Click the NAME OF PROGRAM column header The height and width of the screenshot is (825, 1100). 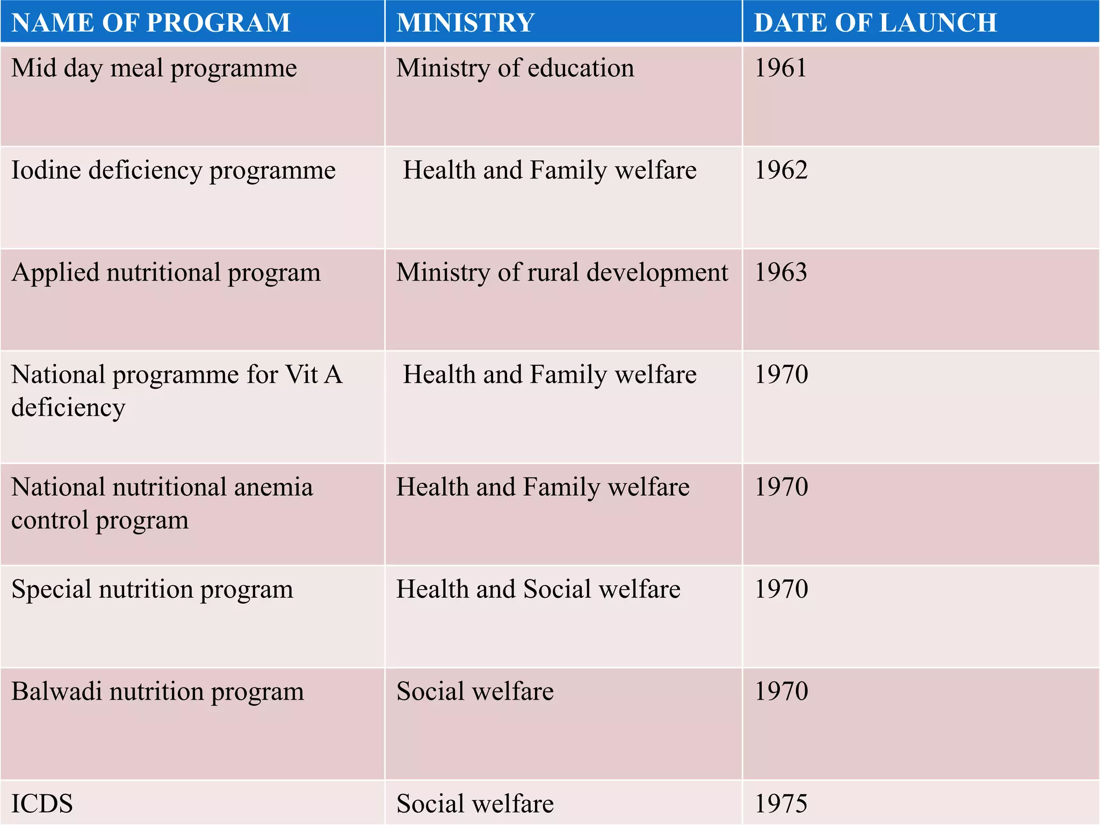[x=151, y=23]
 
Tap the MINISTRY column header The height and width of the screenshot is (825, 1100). [x=465, y=23]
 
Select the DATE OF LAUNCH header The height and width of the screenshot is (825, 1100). [x=875, y=23]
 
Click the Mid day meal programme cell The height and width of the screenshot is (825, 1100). [x=154, y=69]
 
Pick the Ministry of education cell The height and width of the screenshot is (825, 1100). [x=515, y=68]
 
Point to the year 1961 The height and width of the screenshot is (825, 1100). [x=780, y=68]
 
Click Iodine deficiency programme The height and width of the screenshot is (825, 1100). [x=173, y=171]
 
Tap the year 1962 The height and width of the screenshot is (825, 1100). [x=781, y=170]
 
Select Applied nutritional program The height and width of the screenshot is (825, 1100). [x=166, y=273]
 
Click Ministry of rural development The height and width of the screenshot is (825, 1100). [x=562, y=272]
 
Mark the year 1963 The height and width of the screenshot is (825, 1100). [x=781, y=272]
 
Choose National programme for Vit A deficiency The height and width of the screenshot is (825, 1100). [x=177, y=390]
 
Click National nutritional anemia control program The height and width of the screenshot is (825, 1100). [x=162, y=503]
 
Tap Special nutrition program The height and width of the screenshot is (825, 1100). [x=153, y=590]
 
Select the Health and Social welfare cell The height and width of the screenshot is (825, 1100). [x=538, y=589]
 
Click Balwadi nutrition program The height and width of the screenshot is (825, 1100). [x=157, y=692]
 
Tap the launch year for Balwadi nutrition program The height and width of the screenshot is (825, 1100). [x=781, y=691]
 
